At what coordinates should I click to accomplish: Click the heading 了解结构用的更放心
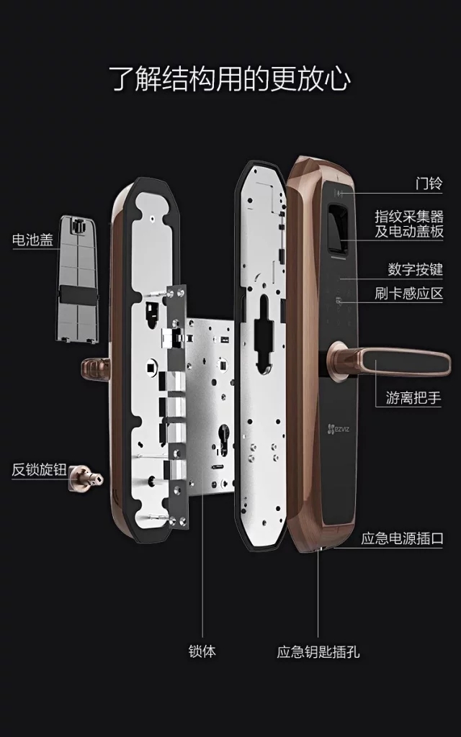coord(230,78)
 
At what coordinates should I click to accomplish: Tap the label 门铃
coord(429,182)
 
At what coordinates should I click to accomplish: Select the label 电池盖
coord(32,239)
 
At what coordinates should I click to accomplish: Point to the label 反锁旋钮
coord(39,469)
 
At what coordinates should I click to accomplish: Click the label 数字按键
coord(416,269)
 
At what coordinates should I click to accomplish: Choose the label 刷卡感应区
coord(409,294)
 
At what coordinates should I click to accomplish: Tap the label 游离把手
coord(413,398)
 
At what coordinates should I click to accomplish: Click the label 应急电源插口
coord(402,538)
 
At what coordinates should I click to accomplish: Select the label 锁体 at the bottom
coord(202,651)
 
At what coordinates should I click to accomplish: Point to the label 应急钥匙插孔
coord(318,652)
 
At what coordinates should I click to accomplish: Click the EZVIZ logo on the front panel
coord(339,428)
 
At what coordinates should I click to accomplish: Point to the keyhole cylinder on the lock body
coord(225,436)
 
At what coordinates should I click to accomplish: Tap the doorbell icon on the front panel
coord(339,193)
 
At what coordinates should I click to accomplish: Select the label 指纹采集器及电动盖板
coord(409,225)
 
